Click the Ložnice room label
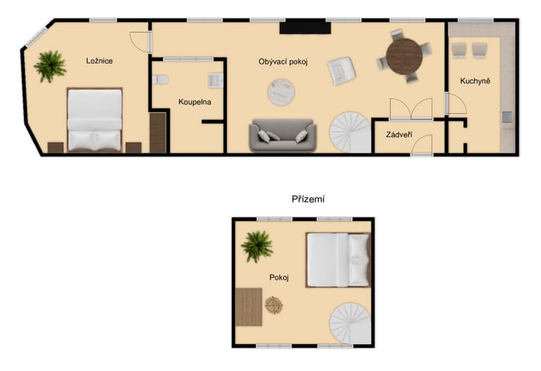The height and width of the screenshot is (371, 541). (100, 61)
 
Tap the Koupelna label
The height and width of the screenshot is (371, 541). (195, 102)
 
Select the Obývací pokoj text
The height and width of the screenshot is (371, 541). (283, 61)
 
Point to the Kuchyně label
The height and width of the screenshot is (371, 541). (475, 81)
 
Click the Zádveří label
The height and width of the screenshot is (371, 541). (399, 134)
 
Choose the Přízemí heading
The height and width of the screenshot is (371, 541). (308, 199)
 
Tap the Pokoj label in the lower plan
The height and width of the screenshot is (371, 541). (279, 277)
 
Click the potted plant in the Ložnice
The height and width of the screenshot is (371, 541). (50, 66)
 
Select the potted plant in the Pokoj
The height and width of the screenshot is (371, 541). (257, 247)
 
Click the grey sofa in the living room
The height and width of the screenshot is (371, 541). (283, 135)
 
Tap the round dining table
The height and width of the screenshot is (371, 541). (405, 56)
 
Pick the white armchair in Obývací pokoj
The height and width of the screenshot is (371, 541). (342, 71)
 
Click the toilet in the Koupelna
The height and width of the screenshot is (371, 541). (160, 80)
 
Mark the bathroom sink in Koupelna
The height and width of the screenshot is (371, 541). (215, 81)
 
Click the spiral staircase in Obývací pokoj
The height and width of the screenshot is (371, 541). (350, 132)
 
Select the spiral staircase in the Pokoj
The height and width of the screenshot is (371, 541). (350, 324)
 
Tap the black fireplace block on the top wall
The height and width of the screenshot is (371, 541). (305, 27)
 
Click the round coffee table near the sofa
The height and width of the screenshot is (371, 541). (281, 92)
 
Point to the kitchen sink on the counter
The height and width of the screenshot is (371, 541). (507, 117)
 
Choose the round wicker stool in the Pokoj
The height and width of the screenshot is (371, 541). (273, 305)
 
